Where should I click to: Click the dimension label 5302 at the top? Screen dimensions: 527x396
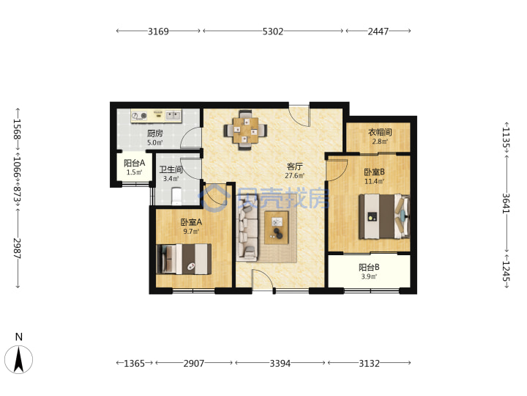pyautogui.click(x=272, y=32)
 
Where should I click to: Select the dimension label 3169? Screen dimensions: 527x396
pyautogui.click(x=158, y=32)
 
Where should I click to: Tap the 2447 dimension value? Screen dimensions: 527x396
pyautogui.click(x=378, y=32)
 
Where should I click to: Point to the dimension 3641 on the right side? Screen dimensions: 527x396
pyautogui.click(x=507, y=203)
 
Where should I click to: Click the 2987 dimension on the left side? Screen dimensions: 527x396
pyautogui.click(x=17, y=248)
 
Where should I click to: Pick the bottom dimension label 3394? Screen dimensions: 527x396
pyautogui.click(x=280, y=363)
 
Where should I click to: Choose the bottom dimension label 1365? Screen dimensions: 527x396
pyautogui.click(x=135, y=363)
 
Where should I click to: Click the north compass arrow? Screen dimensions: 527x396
pyautogui.click(x=19, y=359)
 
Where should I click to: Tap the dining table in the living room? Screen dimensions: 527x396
pyautogui.click(x=246, y=130)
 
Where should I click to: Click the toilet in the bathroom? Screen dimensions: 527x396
pyautogui.click(x=176, y=196)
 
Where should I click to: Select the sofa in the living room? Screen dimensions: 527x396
pyautogui.click(x=247, y=233)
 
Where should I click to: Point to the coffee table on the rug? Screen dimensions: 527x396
pyautogui.click(x=277, y=227)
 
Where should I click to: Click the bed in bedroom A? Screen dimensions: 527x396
pyautogui.click(x=184, y=259)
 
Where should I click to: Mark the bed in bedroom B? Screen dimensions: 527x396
pyautogui.click(x=384, y=216)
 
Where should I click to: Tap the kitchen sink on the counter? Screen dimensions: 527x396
pyautogui.click(x=173, y=116)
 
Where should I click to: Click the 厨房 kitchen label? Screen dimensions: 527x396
pyautogui.click(x=155, y=133)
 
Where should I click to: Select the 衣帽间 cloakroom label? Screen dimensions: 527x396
pyautogui.click(x=380, y=132)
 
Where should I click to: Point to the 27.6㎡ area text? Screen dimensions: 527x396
pyautogui.click(x=294, y=175)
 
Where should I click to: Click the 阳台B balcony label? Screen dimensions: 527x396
pyautogui.click(x=369, y=268)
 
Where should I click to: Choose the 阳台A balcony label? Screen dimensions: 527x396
pyautogui.click(x=135, y=163)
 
